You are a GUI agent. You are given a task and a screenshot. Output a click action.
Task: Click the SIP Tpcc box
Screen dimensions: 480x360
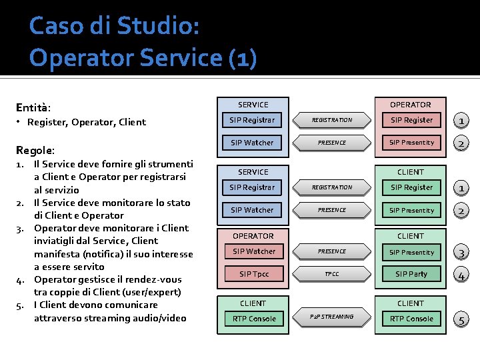pyautogui.click(x=254, y=274)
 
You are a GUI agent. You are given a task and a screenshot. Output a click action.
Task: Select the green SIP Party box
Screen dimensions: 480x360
pyautogui.click(x=411, y=274)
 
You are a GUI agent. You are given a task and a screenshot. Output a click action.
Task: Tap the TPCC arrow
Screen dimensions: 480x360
pyautogui.click(x=332, y=274)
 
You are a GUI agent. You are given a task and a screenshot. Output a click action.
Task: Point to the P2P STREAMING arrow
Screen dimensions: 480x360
pyautogui.click(x=332, y=317)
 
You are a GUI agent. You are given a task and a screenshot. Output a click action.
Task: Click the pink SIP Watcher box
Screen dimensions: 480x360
pyautogui.click(x=254, y=251)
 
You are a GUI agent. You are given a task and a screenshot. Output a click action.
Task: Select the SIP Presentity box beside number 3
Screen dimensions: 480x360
pyautogui.click(x=411, y=252)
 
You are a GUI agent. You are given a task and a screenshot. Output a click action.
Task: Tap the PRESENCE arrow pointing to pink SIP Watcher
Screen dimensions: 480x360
pyautogui.click(x=332, y=251)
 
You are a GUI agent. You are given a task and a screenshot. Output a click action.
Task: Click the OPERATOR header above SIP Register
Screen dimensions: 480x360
pyautogui.click(x=411, y=105)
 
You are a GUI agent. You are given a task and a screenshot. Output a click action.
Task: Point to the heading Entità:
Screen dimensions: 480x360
pyautogui.click(x=33, y=107)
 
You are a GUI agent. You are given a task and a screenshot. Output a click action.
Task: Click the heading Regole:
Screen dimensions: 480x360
pyautogui.click(x=35, y=151)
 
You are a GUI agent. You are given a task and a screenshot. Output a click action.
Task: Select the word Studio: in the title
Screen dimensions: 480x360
pyautogui.click(x=157, y=26)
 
